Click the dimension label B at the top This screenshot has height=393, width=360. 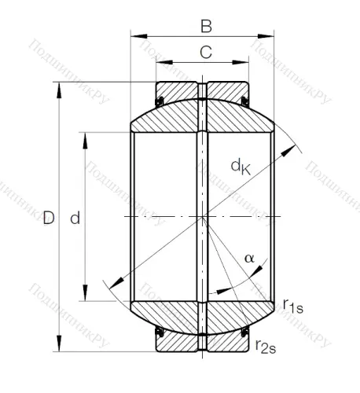(x=205, y=27)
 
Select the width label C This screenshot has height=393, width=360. (x=204, y=53)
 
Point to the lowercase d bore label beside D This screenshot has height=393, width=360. (x=75, y=218)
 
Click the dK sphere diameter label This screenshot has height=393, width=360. (x=241, y=166)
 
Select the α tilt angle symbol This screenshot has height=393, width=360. (x=249, y=257)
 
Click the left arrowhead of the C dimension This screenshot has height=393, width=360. (x=160, y=61)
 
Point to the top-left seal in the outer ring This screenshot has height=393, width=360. (x=159, y=99)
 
